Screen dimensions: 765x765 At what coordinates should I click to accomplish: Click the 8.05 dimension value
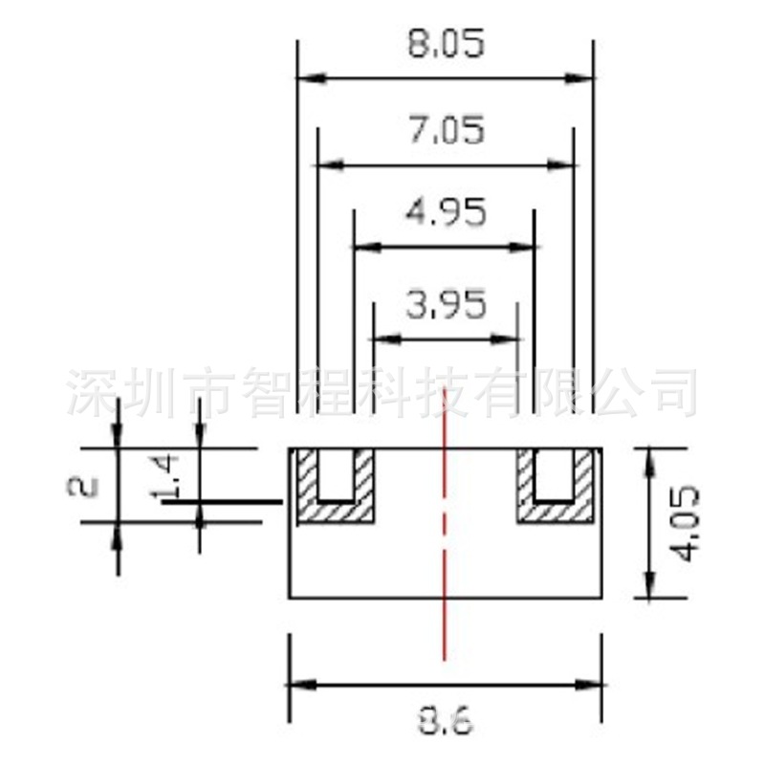(x=446, y=45)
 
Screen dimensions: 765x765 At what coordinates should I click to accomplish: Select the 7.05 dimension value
(x=446, y=129)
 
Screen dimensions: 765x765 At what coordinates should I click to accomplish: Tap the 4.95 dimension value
(x=446, y=212)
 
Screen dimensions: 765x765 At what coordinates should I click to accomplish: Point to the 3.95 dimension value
(x=446, y=306)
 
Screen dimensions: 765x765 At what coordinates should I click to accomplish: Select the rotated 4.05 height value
(x=686, y=523)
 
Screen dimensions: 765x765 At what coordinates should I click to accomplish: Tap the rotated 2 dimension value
(x=84, y=486)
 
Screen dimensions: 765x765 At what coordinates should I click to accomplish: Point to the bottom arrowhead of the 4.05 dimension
(x=649, y=587)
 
